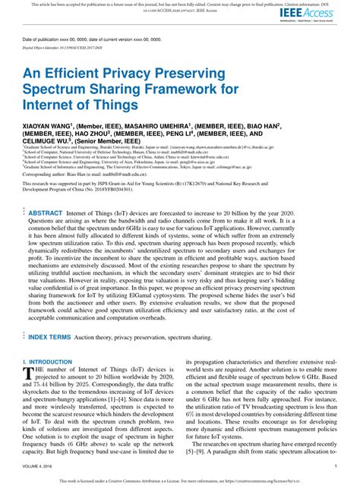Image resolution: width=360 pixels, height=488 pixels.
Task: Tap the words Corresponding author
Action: pos(45,194)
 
